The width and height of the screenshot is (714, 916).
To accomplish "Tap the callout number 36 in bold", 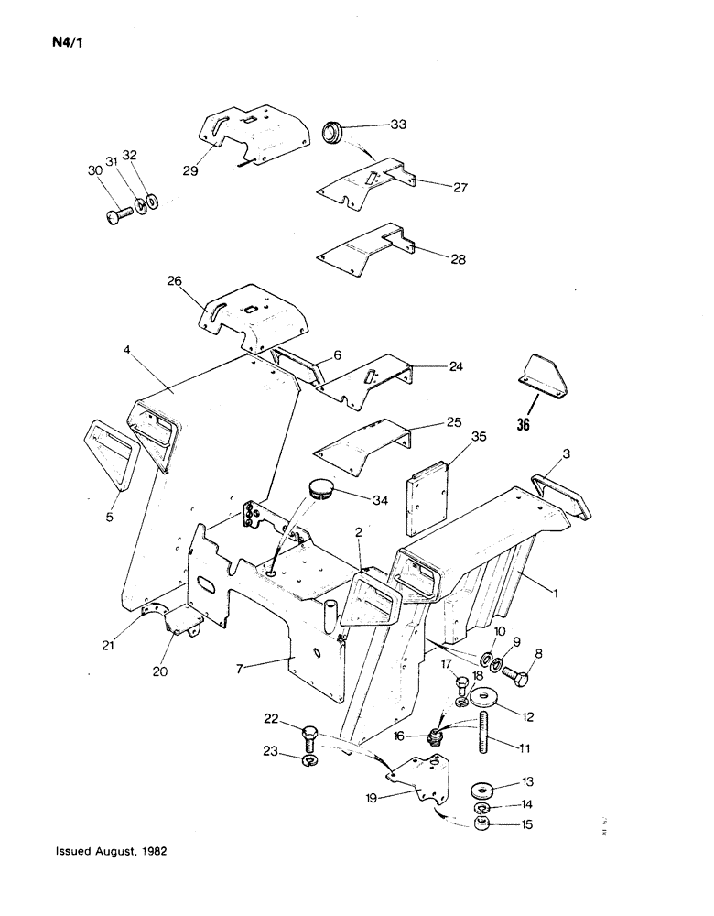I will point(523,424).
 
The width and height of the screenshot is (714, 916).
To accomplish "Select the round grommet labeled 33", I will point(331,133).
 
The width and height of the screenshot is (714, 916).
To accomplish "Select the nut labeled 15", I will point(481,825).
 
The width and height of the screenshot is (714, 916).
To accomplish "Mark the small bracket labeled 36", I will point(544,376).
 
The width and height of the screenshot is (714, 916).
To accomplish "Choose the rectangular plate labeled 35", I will point(427,494).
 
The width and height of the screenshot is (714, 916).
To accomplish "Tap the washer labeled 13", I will point(481,789).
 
